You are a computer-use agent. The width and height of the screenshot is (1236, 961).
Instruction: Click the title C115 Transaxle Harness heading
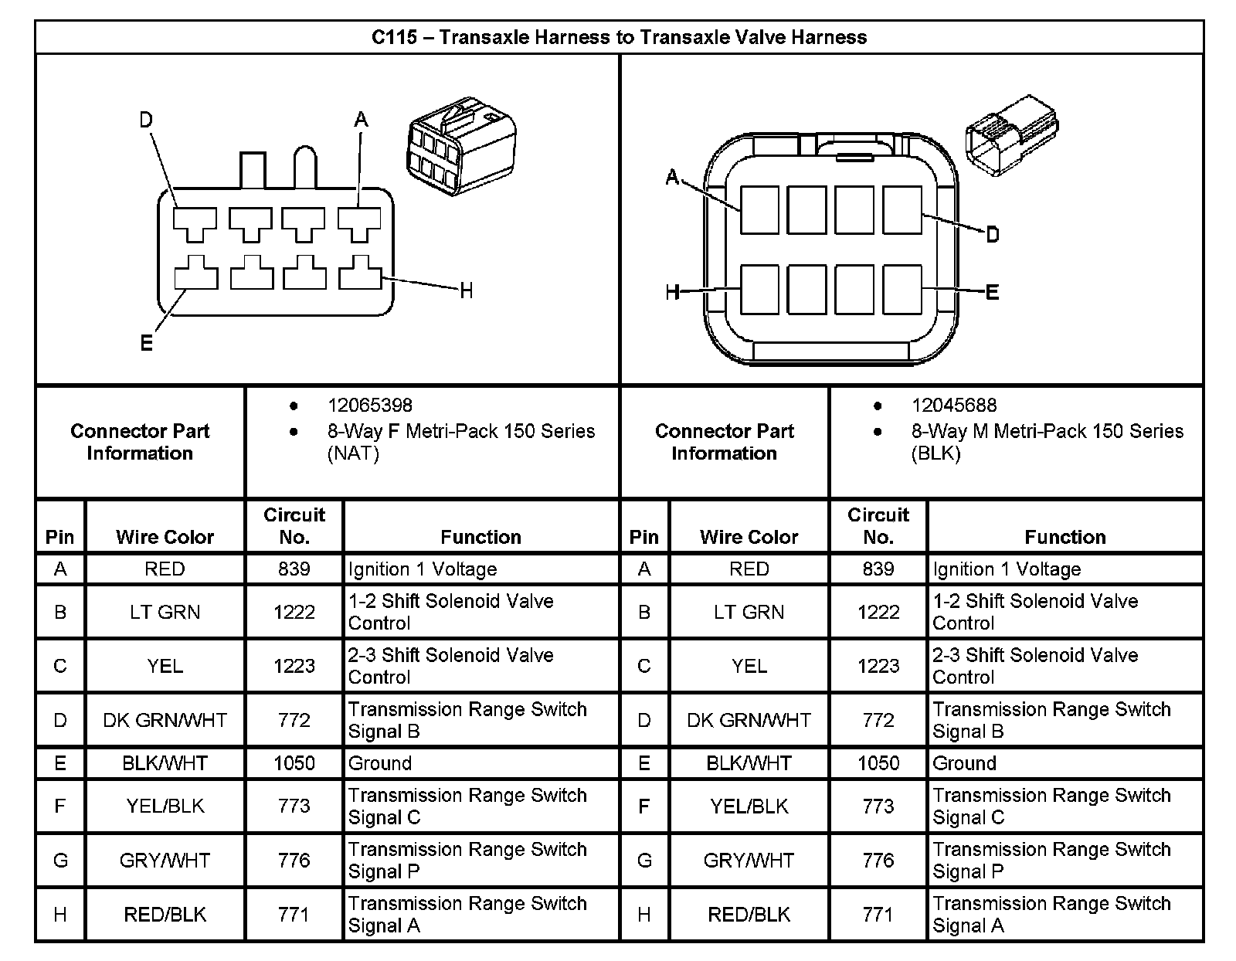point(619,37)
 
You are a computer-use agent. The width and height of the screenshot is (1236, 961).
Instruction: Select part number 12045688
point(953,406)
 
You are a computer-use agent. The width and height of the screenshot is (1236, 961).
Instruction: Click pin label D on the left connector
point(146,120)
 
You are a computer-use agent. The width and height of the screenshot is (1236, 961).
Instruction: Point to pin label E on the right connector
point(993,291)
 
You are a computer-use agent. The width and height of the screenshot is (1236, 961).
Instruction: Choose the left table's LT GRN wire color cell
point(165,613)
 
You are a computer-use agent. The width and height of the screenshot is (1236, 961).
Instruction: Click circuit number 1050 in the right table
point(878,763)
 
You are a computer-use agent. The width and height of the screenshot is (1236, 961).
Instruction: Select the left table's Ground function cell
point(380,763)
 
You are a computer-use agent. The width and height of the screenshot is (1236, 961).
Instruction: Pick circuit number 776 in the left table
point(294,861)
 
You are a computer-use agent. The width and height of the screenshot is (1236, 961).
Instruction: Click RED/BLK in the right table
point(749,915)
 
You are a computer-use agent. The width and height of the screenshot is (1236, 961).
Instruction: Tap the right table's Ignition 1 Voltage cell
point(1007,569)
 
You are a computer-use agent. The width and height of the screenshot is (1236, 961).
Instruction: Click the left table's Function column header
point(480,537)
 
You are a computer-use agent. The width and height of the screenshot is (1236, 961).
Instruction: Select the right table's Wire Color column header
point(749,537)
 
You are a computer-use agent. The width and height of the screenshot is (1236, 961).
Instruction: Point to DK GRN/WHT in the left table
point(165,721)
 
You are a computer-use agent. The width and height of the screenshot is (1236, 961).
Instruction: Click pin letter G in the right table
point(644,861)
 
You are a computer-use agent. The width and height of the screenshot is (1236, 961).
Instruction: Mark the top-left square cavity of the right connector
point(759,209)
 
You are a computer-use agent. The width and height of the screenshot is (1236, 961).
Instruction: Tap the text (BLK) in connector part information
point(935,453)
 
